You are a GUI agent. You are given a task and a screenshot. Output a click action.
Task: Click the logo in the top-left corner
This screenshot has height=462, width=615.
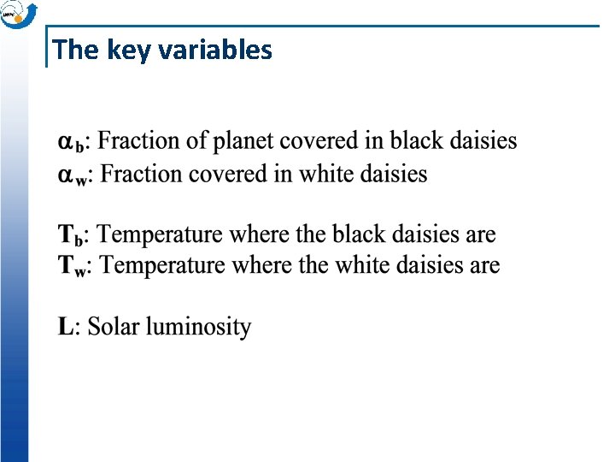pyautogui.click(x=18, y=14)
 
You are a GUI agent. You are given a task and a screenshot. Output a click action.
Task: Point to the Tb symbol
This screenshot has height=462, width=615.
pyautogui.click(x=73, y=234)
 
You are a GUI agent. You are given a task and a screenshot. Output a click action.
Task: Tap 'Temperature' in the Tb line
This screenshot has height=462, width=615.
pyautogui.click(x=166, y=234)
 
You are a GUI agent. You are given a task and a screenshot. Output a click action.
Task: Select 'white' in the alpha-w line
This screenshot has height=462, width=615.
pyautogui.click(x=325, y=174)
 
